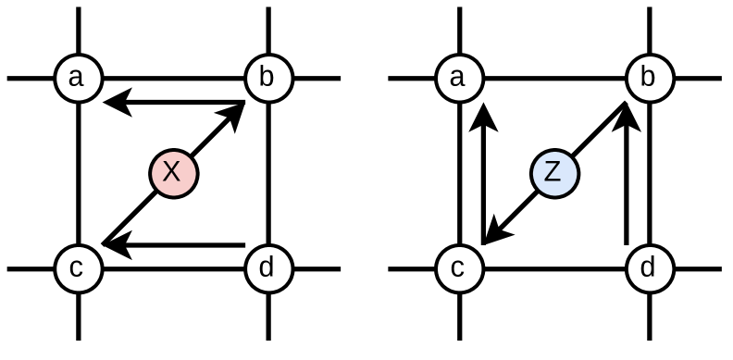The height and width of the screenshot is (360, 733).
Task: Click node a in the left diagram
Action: [77, 79]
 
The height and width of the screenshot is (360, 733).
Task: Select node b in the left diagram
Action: [267, 79]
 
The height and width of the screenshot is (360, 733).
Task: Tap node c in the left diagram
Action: [77, 269]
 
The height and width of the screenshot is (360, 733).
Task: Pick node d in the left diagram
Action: [267, 269]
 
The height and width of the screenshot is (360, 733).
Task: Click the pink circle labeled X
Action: [173, 172]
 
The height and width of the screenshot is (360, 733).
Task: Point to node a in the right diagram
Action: [458, 79]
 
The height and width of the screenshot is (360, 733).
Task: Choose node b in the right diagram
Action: [649, 79]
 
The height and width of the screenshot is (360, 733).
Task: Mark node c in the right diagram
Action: [458, 269]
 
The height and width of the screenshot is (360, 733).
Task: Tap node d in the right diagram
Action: [649, 269]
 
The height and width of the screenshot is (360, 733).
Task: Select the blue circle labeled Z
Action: [553, 172]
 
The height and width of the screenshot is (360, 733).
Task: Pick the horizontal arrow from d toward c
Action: [176, 246]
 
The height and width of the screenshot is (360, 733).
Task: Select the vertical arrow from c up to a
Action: [480, 176]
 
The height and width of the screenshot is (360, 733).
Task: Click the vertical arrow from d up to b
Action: [628, 176]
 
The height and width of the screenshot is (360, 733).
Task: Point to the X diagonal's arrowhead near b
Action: [235, 112]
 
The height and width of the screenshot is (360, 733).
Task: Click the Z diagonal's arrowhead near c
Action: [494, 234]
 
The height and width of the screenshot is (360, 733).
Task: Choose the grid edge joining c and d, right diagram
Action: [553, 269]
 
